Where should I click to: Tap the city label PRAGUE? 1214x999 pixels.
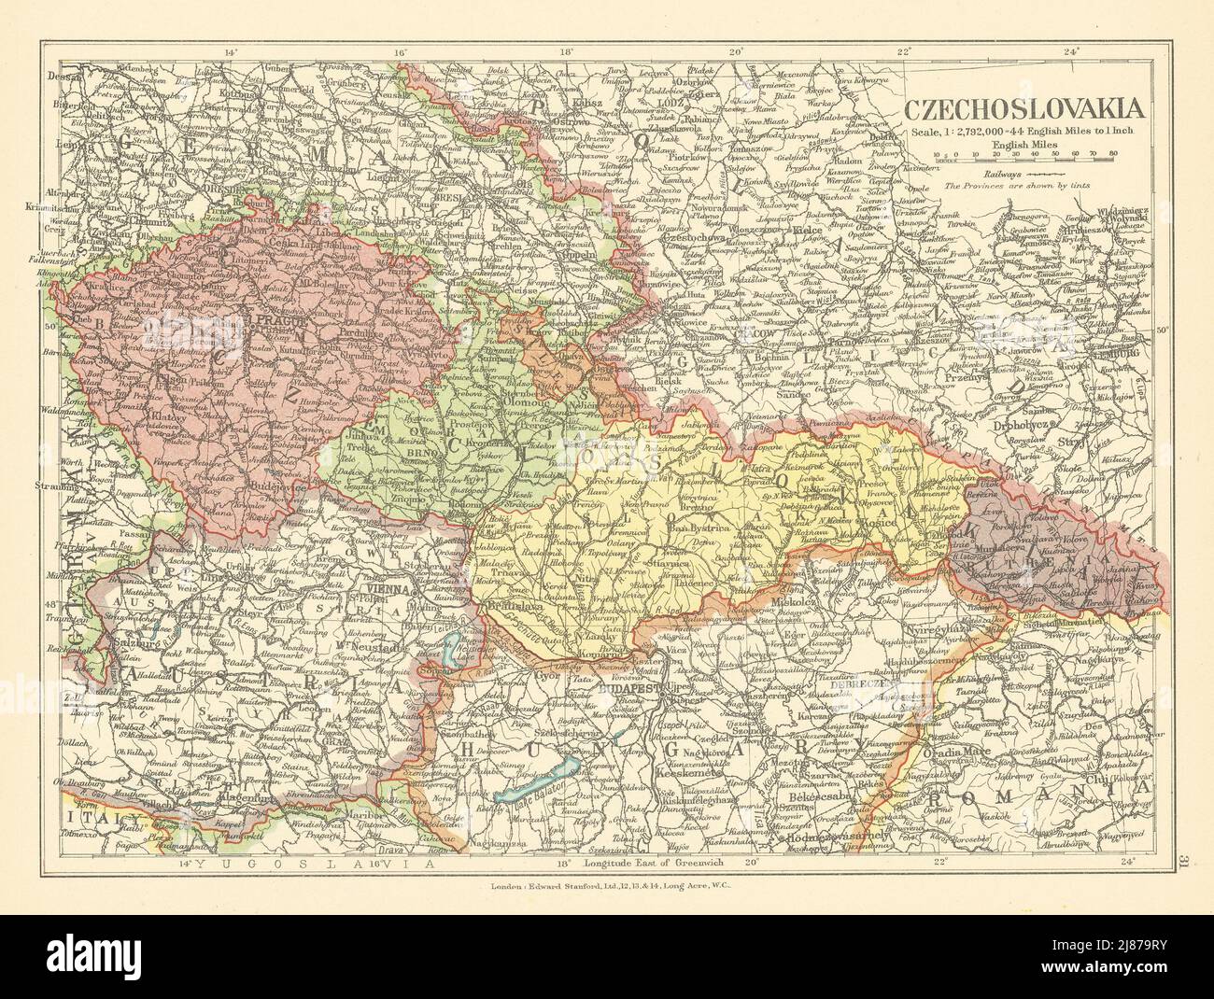click(x=246, y=318)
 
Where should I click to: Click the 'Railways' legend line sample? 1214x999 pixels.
click(x=1046, y=173)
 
